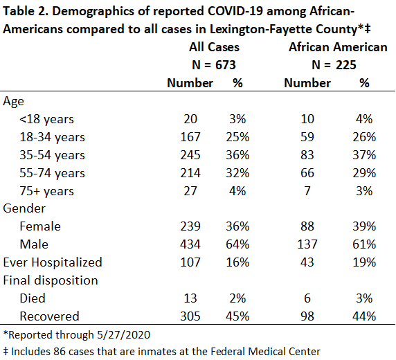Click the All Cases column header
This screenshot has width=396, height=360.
click(214, 47)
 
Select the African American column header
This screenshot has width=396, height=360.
click(338, 47)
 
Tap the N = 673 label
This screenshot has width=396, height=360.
click(214, 65)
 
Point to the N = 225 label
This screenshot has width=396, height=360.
click(334, 65)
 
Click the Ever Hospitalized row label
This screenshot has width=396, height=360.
click(53, 262)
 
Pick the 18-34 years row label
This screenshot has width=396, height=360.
click(53, 137)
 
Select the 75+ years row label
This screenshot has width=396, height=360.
click(46, 191)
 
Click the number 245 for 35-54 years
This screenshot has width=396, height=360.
click(190, 155)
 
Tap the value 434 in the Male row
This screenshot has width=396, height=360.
click(190, 244)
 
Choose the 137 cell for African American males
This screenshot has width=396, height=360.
click(307, 244)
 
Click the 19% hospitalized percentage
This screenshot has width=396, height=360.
click(364, 262)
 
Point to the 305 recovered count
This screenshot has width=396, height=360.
click(190, 316)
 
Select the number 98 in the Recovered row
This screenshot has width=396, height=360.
click(307, 316)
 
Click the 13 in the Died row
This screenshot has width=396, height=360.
click(190, 298)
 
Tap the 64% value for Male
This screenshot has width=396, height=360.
click(237, 244)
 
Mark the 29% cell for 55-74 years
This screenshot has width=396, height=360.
click(364, 173)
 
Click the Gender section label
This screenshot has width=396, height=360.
click(24, 208)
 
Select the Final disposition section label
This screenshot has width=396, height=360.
click(51, 280)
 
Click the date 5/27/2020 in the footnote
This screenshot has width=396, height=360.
click(124, 335)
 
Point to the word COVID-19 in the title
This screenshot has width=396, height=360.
click(235, 11)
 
